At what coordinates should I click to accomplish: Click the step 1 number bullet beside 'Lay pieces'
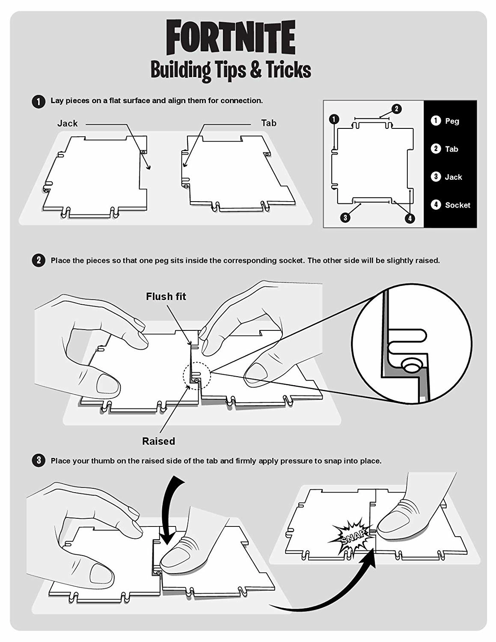point(39,101)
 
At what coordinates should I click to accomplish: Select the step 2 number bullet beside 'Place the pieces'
point(39,261)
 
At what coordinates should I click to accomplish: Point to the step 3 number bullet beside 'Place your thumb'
point(39,461)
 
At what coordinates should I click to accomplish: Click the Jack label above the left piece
point(67,123)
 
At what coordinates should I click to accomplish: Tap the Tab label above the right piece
point(268,123)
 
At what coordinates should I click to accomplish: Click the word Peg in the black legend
point(452,121)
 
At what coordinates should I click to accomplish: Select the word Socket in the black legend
point(457,205)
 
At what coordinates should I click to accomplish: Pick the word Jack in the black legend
point(454,177)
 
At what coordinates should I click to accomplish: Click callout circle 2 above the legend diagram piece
point(396,109)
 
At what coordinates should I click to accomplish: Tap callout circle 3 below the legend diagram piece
point(345,218)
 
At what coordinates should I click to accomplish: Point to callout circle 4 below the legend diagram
point(410,218)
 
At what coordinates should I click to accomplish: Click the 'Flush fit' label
point(166,297)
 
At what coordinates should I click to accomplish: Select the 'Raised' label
point(159,441)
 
